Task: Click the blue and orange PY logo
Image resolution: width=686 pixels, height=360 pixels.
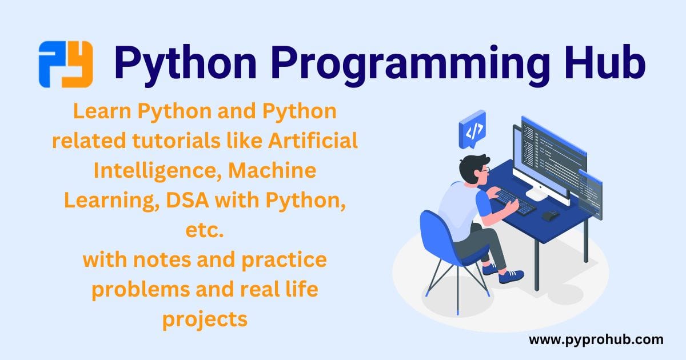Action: [66, 64]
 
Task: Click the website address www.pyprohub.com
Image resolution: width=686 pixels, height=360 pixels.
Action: [596, 340]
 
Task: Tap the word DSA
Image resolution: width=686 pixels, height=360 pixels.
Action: [188, 200]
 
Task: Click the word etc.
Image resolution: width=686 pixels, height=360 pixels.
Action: [205, 230]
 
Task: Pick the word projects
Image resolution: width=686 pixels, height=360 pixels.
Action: [205, 320]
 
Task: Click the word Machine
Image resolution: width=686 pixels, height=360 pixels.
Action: [272, 170]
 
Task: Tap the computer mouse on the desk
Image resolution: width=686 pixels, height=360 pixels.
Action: [550, 215]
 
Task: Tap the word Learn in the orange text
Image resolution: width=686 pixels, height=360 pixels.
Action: [102, 111]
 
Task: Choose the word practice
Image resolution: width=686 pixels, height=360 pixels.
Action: [284, 260]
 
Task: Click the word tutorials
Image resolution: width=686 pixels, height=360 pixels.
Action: [177, 141]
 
